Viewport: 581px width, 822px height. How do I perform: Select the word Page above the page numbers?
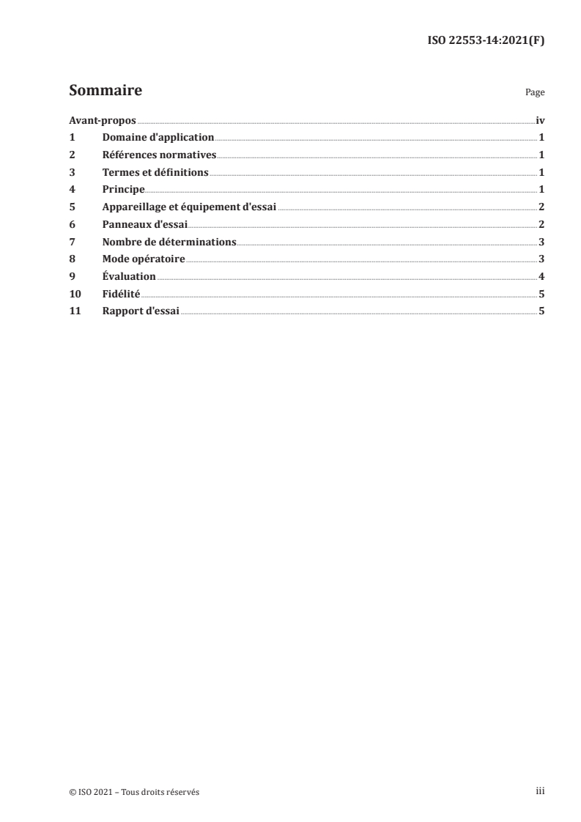(x=535, y=93)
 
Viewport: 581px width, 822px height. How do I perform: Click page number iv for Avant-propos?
(x=540, y=120)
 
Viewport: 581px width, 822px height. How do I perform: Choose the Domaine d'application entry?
(x=158, y=138)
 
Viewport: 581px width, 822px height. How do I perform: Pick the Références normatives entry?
(x=159, y=155)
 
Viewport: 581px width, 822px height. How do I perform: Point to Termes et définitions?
(x=155, y=172)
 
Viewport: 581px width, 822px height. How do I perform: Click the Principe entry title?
(x=122, y=190)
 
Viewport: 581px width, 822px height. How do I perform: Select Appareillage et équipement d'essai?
(x=189, y=207)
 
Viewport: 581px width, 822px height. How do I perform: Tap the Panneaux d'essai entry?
(x=145, y=224)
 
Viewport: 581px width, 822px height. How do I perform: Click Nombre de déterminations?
(x=169, y=242)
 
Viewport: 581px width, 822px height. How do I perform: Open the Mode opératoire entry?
(x=144, y=259)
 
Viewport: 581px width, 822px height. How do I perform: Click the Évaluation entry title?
(x=129, y=276)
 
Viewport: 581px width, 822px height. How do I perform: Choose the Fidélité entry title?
(x=121, y=294)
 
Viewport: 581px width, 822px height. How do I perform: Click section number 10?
(x=73, y=294)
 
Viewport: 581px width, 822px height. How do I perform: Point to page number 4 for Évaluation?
(x=541, y=276)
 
